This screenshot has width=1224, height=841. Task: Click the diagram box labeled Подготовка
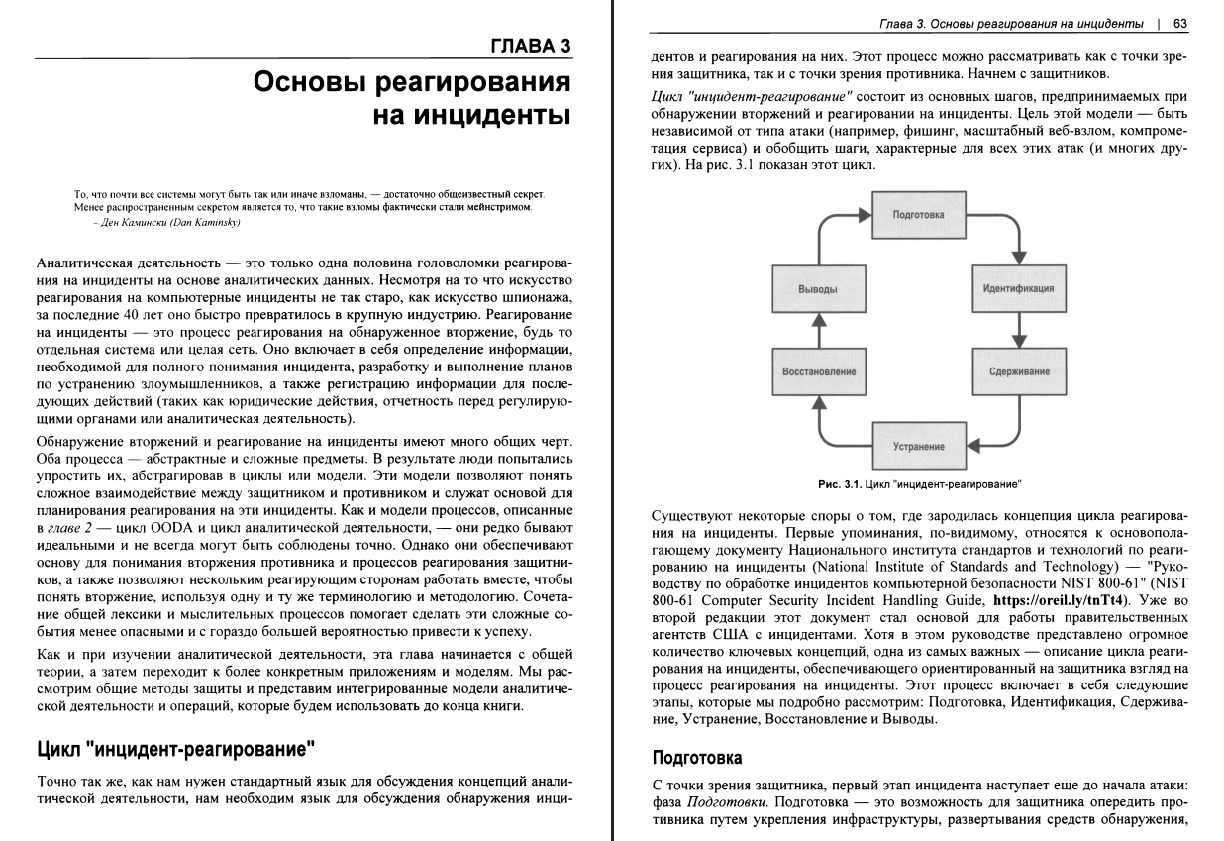(x=918, y=214)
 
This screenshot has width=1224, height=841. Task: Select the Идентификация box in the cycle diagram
(x=1018, y=289)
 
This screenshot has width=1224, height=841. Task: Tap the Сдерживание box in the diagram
(x=1018, y=371)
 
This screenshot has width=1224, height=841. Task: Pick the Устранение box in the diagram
(x=918, y=446)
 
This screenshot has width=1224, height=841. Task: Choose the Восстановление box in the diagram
(x=819, y=371)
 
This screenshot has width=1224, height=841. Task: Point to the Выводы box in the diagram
(x=818, y=289)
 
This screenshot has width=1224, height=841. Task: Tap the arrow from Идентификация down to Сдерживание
(x=1018, y=331)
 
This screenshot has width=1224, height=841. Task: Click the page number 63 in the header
(x=1179, y=23)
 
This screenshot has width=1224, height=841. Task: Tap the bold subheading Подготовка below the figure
(x=696, y=758)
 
